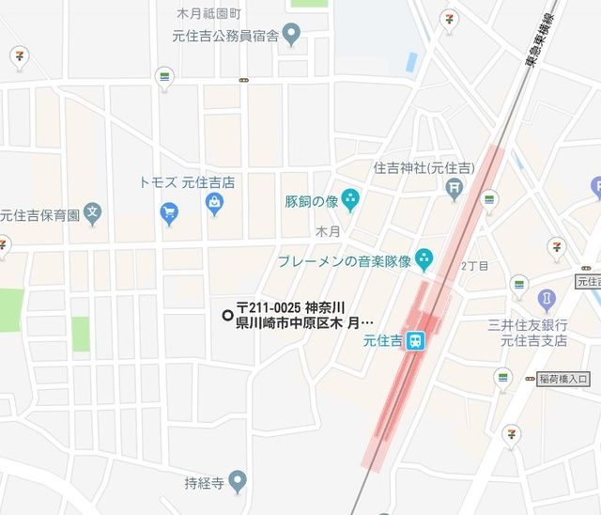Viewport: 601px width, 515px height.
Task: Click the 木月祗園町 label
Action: (x=209, y=13)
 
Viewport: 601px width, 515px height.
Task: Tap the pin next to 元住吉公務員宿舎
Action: (x=292, y=36)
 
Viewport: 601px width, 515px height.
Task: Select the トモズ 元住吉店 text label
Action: (x=186, y=181)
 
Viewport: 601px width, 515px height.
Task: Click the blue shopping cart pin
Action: (x=169, y=211)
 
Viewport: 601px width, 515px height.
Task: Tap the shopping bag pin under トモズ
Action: (x=216, y=202)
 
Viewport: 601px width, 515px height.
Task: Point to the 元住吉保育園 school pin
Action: (x=92, y=211)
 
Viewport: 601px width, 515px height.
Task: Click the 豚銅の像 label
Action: (x=311, y=200)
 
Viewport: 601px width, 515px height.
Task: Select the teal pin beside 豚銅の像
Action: (x=350, y=197)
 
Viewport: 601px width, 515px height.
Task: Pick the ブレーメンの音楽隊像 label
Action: (x=345, y=259)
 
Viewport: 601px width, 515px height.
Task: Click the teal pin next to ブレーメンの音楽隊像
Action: (x=424, y=256)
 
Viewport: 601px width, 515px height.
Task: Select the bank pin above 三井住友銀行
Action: (x=547, y=300)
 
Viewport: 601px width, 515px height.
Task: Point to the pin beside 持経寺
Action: (x=237, y=482)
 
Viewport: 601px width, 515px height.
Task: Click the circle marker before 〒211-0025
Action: (x=226, y=315)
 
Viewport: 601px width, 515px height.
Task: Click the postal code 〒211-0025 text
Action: (x=270, y=307)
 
